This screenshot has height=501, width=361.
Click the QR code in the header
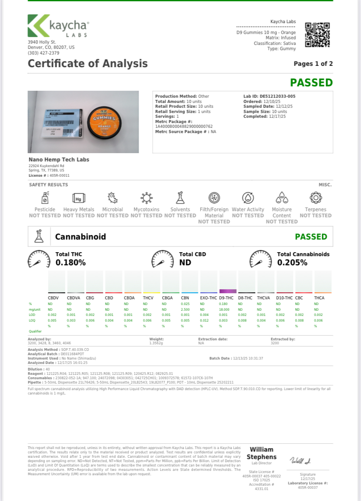click(317, 34)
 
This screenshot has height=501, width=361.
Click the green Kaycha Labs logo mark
click(38, 26)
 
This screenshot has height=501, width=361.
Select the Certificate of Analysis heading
click(88, 63)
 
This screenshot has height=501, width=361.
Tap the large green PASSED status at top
click(311, 82)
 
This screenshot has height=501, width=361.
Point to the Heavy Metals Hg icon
click(78, 198)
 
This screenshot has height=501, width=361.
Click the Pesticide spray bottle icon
click(44, 198)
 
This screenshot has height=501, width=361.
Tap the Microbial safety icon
click(112, 198)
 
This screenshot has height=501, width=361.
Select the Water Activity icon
click(248, 198)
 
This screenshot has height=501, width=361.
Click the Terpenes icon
click(315, 198)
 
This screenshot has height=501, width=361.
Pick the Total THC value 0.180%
click(71, 263)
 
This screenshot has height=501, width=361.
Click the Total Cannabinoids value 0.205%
click(292, 263)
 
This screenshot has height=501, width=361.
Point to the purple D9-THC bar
click(228, 291)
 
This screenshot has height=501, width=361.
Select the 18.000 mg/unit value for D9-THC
click(223, 309)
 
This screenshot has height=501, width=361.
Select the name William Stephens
click(262, 453)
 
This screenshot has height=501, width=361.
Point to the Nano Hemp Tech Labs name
click(58, 160)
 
